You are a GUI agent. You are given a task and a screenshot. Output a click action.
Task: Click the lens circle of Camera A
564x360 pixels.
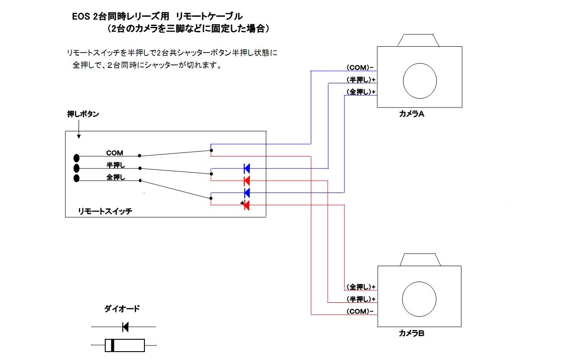tap(420, 80)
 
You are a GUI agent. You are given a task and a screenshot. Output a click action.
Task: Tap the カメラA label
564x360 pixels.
tap(411, 114)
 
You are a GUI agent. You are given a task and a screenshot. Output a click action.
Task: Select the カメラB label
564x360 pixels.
tap(411, 333)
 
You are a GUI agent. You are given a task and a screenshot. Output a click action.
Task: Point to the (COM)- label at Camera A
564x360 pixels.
tap(360, 68)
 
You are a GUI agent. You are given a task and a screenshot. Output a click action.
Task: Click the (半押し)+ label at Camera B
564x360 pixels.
tap(361, 299)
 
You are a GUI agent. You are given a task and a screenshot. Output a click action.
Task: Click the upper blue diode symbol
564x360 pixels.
tap(247, 168)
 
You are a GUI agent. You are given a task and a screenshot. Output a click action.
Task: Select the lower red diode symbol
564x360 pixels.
tap(247, 205)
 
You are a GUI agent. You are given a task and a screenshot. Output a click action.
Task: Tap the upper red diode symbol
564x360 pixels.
tap(247, 180)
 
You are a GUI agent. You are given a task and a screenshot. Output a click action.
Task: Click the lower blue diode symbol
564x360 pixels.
tap(247, 193)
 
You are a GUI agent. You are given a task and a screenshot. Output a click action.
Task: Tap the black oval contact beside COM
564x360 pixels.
tap(77, 158)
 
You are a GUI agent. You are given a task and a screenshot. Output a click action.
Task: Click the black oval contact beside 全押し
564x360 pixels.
tap(77, 178)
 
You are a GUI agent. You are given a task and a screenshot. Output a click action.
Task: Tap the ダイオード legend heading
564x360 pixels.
tap(122, 309)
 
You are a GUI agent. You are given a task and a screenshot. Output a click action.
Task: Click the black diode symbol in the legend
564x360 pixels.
tap(125, 327)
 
